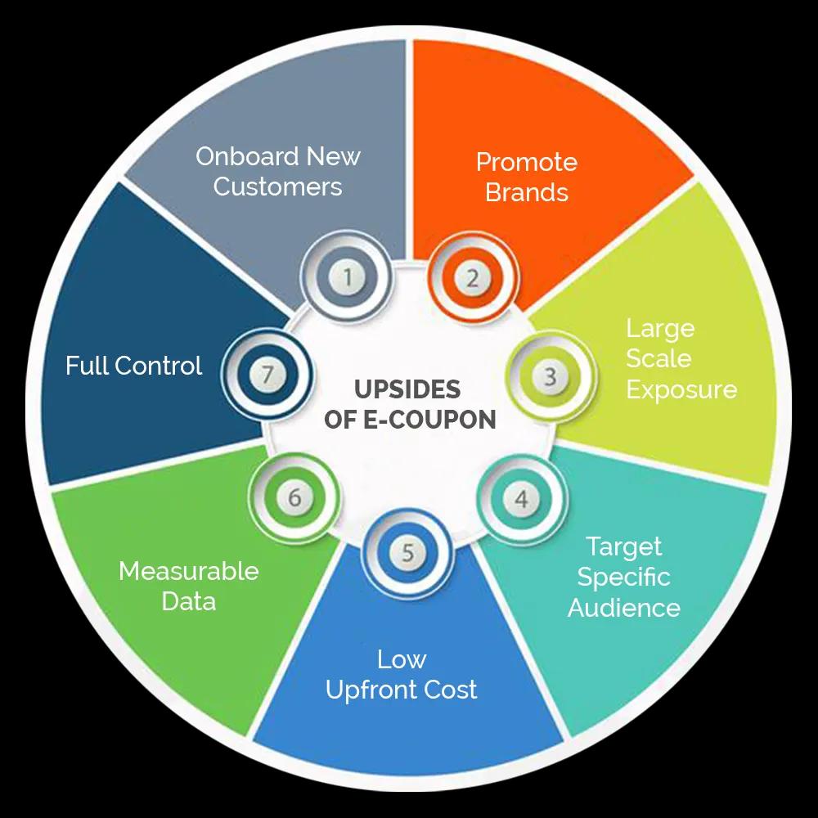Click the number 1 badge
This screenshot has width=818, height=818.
click(348, 277)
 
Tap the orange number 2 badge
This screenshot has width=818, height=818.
click(472, 278)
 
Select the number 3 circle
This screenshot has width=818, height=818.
click(551, 376)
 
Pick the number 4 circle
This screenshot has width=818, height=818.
click(522, 498)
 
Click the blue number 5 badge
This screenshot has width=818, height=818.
click(407, 554)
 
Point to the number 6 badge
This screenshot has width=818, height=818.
click(294, 497)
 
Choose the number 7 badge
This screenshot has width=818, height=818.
click(266, 375)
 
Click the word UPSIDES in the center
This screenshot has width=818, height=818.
click(407, 389)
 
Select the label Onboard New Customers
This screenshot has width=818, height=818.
click(278, 171)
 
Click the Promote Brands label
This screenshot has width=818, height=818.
click(527, 177)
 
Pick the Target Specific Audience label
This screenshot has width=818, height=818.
click(624, 577)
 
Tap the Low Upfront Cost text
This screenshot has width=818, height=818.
click(402, 674)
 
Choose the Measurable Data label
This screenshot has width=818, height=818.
click(189, 586)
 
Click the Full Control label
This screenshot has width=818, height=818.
click(133, 366)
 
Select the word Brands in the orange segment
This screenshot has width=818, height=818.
click(527, 192)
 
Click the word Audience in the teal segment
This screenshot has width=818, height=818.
click(624, 608)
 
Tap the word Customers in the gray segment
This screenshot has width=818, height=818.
click(278, 187)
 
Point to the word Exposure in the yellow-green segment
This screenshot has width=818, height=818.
click(681, 389)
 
